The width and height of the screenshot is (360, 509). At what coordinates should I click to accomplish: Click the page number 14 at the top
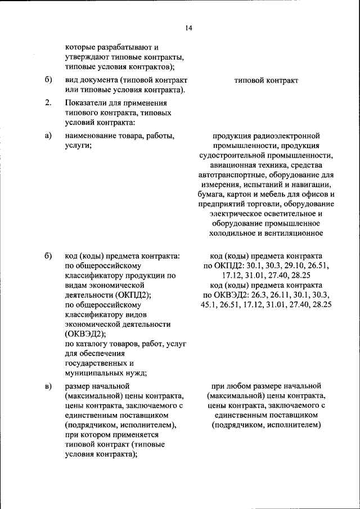(x=188, y=28)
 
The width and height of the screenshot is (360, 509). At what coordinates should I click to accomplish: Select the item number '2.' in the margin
(x=48, y=102)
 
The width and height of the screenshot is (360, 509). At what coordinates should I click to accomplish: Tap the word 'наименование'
(x=93, y=136)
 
